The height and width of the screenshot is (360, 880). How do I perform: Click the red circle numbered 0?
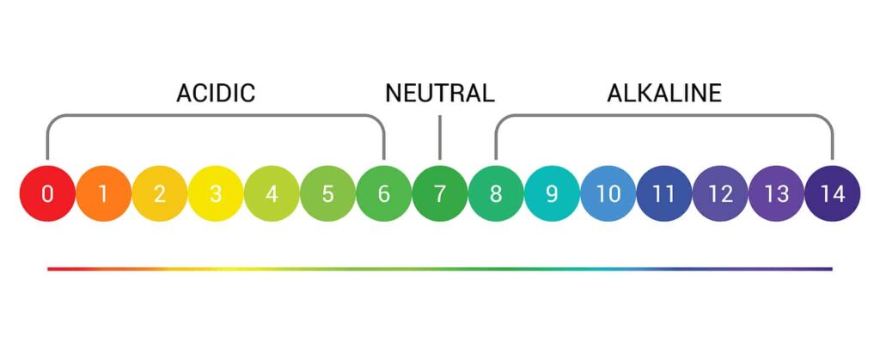pyautogui.click(x=47, y=193)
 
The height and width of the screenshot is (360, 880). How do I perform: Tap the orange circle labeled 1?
pyautogui.click(x=103, y=193)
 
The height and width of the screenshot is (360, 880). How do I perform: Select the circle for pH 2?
pyautogui.click(x=159, y=193)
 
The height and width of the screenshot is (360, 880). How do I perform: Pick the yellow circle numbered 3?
pyautogui.click(x=216, y=193)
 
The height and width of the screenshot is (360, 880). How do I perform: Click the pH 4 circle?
pyautogui.click(x=272, y=193)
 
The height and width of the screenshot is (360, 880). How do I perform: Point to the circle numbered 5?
pyautogui.click(x=327, y=193)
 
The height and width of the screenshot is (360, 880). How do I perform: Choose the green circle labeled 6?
pyautogui.click(x=384, y=193)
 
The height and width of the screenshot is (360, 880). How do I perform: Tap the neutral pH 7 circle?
pyautogui.click(x=440, y=193)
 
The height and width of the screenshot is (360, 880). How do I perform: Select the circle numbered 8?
pyautogui.click(x=496, y=193)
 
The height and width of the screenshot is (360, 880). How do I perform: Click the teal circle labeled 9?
pyautogui.click(x=553, y=193)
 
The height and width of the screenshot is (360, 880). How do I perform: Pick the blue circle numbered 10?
pyautogui.click(x=608, y=193)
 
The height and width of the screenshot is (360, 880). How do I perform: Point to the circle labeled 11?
pyautogui.click(x=664, y=193)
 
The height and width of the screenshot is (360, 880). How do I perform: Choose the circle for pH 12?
pyautogui.click(x=721, y=193)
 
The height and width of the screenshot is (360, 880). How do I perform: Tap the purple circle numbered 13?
pyautogui.click(x=777, y=193)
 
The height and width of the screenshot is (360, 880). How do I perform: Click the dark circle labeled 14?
pyautogui.click(x=833, y=193)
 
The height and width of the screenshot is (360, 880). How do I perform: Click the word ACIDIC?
pyautogui.click(x=216, y=93)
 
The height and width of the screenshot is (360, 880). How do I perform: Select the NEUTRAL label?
pyautogui.click(x=440, y=93)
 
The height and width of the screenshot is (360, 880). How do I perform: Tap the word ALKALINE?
pyautogui.click(x=664, y=93)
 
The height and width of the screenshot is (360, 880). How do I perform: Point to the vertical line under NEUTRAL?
pyautogui.click(x=440, y=137)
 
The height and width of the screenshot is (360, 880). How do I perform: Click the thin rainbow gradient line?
pyautogui.click(x=440, y=269)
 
